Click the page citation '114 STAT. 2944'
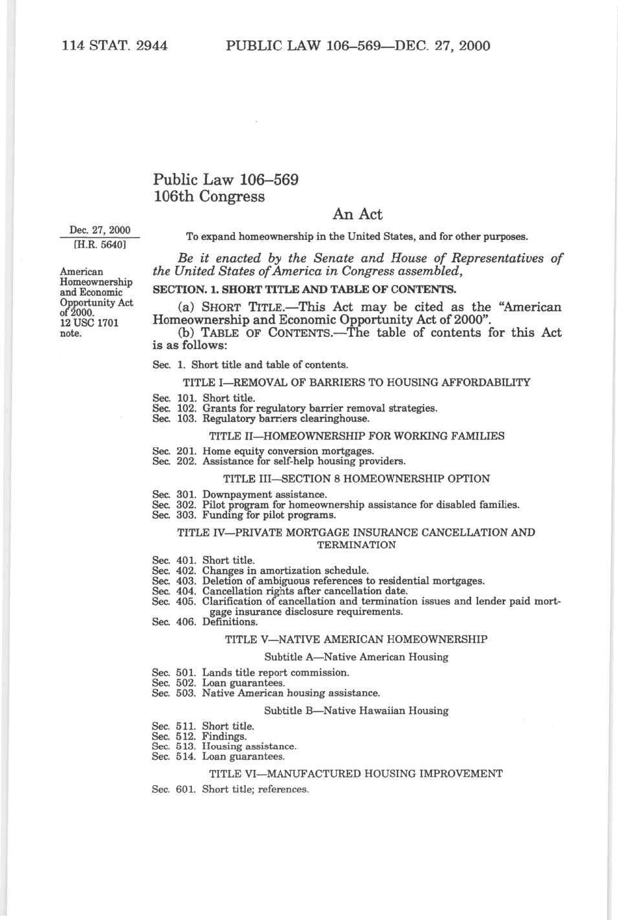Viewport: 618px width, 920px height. [114, 46]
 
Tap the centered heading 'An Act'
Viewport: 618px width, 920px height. [357, 214]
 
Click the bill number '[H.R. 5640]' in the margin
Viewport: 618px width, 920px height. [100, 245]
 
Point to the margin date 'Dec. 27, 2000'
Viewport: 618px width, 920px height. [100, 230]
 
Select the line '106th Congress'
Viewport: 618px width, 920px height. [209, 196]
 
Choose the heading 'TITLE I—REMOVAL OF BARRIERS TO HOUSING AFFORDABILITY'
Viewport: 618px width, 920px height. [356, 382]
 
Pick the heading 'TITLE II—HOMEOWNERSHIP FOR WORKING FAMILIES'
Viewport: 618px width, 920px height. [356, 436]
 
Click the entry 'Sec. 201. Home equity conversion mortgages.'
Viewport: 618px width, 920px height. [263, 451]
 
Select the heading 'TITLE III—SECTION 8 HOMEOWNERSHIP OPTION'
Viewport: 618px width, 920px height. [356, 479]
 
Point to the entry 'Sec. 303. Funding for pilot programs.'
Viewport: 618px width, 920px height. [244, 515]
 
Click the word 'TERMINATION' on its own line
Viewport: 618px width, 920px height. [356, 545]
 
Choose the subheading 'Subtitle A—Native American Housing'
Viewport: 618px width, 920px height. [356, 657]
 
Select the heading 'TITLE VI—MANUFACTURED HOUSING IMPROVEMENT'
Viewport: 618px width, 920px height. [356, 774]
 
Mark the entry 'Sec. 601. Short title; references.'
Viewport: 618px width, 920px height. [230, 789]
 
